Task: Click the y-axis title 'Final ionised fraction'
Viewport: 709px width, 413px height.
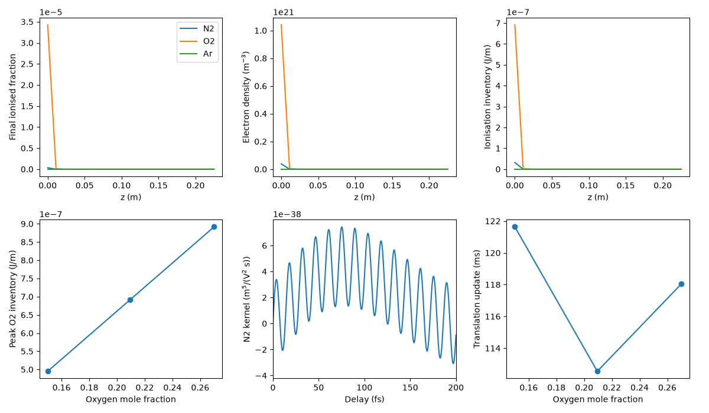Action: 12,97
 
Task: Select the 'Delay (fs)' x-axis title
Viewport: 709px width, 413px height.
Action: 365,399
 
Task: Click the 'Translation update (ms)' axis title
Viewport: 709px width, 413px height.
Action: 477,299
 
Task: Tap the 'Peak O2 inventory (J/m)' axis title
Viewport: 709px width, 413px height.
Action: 12,299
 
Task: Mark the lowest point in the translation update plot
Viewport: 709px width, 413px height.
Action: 597,371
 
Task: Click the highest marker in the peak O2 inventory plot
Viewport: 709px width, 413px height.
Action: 214,227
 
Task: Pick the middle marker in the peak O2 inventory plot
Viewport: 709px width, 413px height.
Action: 130,300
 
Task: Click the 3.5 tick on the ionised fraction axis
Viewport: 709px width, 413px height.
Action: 27,22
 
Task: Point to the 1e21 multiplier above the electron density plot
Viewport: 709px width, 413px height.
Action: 283,12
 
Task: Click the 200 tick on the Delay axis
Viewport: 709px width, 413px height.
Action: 456,388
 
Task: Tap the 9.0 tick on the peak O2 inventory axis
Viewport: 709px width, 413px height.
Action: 27,224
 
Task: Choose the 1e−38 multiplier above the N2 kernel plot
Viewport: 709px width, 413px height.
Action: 287,215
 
